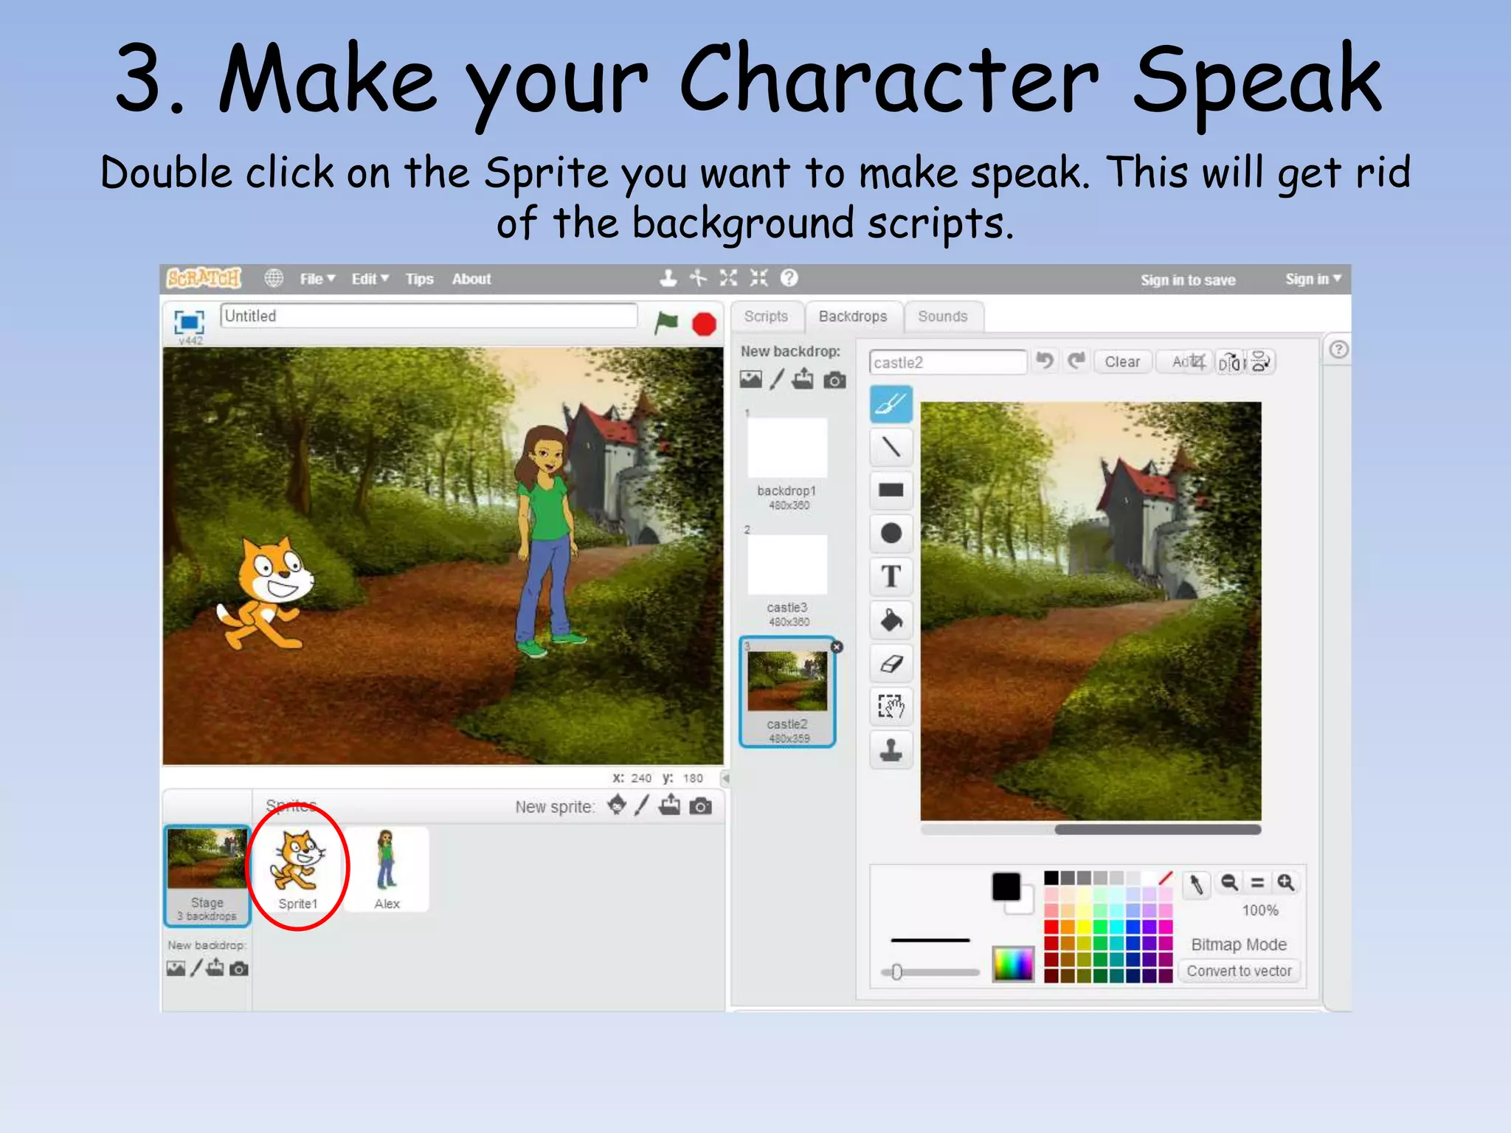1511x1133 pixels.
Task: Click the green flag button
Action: pyautogui.click(x=666, y=322)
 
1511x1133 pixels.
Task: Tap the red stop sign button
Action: pyautogui.click(x=704, y=324)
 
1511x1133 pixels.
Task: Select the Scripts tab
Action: pyautogui.click(x=766, y=316)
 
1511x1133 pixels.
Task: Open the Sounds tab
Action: pyautogui.click(x=942, y=316)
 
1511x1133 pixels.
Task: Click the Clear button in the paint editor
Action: pyautogui.click(x=1121, y=362)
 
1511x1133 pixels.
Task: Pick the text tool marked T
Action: pyautogui.click(x=891, y=576)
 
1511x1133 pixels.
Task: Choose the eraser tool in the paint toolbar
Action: pyautogui.click(x=891, y=663)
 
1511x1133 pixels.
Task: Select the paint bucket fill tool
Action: pyautogui.click(x=891, y=620)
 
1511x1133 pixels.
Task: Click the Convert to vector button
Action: pyautogui.click(x=1239, y=971)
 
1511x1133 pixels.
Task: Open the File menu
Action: pyautogui.click(x=317, y=279)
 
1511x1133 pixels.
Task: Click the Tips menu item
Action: pyautogui.click(x=419, y=279)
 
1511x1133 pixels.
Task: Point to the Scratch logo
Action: pyautogui.click(x=204, y=278)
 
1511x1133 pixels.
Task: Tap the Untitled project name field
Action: pyautogui.click(x=428, y=316)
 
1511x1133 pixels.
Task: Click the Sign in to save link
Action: pyautogui.click(x=1188, y=280)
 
